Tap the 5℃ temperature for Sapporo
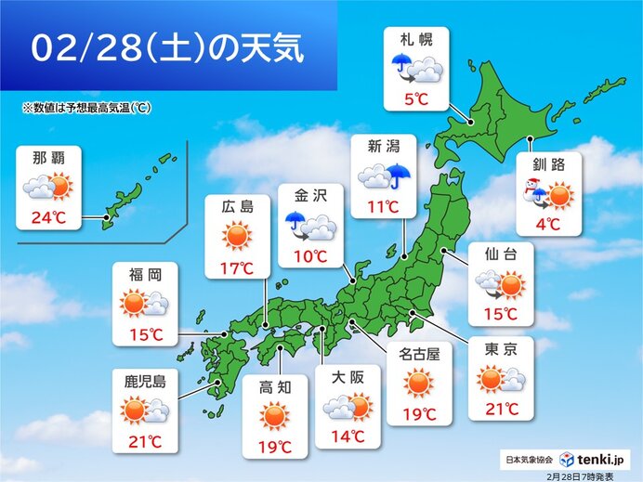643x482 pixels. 416,96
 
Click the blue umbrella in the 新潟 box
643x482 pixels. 400,176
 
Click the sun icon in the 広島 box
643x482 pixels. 237,237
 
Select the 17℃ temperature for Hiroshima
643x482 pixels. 237,269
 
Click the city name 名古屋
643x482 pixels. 418,353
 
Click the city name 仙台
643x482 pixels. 502,253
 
